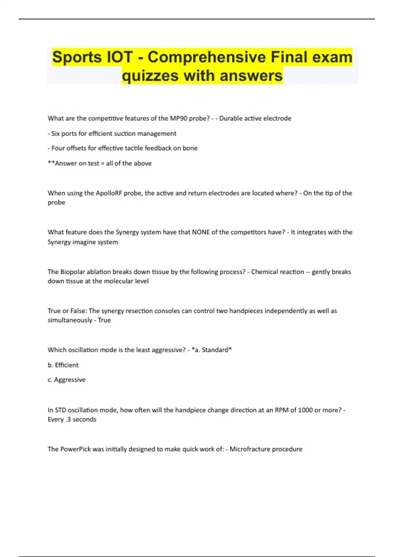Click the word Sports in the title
[77, 57]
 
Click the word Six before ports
[55, 134]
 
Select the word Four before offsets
[58, 148]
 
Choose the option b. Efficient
[63, 365]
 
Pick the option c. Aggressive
[67, 380]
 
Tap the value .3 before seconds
[68, 419]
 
